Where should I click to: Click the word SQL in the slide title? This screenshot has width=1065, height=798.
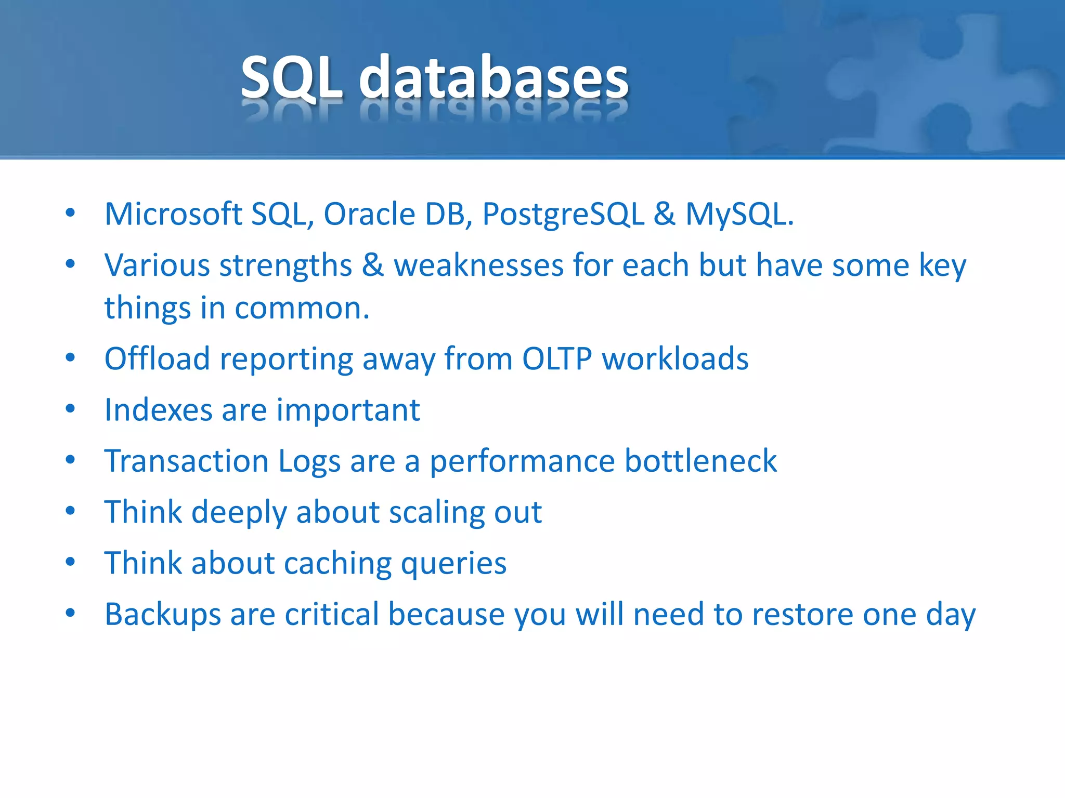coord(292,78)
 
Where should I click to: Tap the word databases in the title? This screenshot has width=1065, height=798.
coord(493,78)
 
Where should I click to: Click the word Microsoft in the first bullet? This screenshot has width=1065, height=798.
coord(173,214)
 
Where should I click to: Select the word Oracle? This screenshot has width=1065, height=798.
coord(369,214)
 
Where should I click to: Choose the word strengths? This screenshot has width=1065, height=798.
coord(285,267)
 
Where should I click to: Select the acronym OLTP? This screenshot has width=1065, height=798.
coord(557,359)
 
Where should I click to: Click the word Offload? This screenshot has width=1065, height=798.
coord(157,359)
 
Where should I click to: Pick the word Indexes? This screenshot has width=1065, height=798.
coord(158,410)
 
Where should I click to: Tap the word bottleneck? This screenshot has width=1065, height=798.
coord(700,461)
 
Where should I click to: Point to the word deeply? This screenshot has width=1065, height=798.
coord(239,513)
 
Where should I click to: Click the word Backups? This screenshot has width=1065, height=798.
coord(162,615)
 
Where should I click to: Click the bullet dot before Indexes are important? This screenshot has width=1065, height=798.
coord(71,409)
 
